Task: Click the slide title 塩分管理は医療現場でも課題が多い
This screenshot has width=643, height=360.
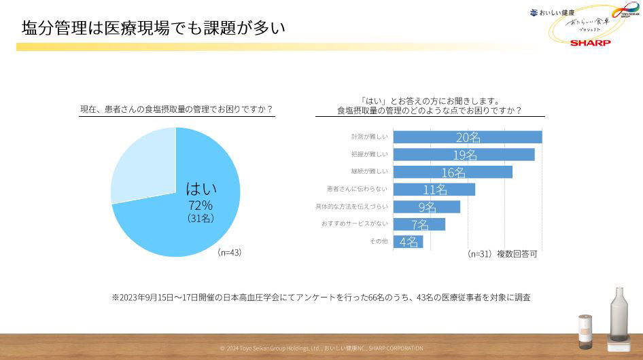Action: coord(153,28)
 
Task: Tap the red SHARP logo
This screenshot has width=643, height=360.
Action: coord(590,42)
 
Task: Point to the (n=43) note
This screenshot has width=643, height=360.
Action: coord(230,252)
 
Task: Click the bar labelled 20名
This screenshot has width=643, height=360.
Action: coord(468,137)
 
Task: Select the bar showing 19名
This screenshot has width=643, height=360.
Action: coord(464,154)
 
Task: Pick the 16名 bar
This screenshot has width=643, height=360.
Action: coord(453,172)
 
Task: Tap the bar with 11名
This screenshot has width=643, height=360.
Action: coord(434,190)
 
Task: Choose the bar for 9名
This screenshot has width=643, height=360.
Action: coord(427,206)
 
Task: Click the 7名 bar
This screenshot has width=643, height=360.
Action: coord(419,224)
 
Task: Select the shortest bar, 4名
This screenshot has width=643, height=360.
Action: coord(409,241)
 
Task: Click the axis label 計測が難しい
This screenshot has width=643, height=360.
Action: coord(370,137)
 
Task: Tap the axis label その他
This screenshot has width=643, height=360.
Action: coord(379,241)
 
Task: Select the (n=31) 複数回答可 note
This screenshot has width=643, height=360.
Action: coord(502,254)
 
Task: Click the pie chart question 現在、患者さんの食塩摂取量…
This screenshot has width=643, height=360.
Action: coord(177,109)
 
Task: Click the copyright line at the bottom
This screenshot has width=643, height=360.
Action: coord(321,348)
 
